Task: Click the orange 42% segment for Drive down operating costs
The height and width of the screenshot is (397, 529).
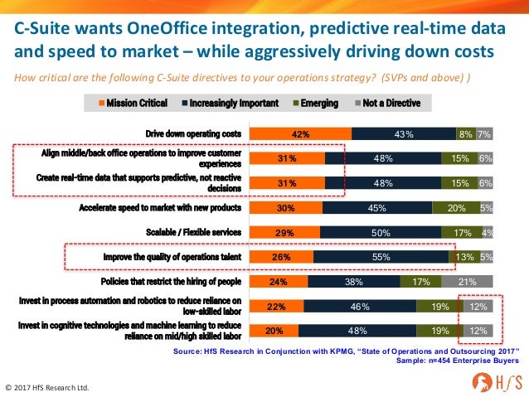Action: [300, 134]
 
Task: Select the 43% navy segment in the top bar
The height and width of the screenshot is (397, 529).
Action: [404, 134]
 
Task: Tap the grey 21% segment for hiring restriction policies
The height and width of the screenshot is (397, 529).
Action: [467, 281]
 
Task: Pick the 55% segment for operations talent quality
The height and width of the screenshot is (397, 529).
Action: [381, 257]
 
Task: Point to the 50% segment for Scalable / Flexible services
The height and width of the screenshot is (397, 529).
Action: [380, 233]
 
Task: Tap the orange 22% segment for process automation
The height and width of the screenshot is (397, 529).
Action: [277, 306]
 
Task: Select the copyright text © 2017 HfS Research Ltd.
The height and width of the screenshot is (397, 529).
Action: [48, 387]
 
